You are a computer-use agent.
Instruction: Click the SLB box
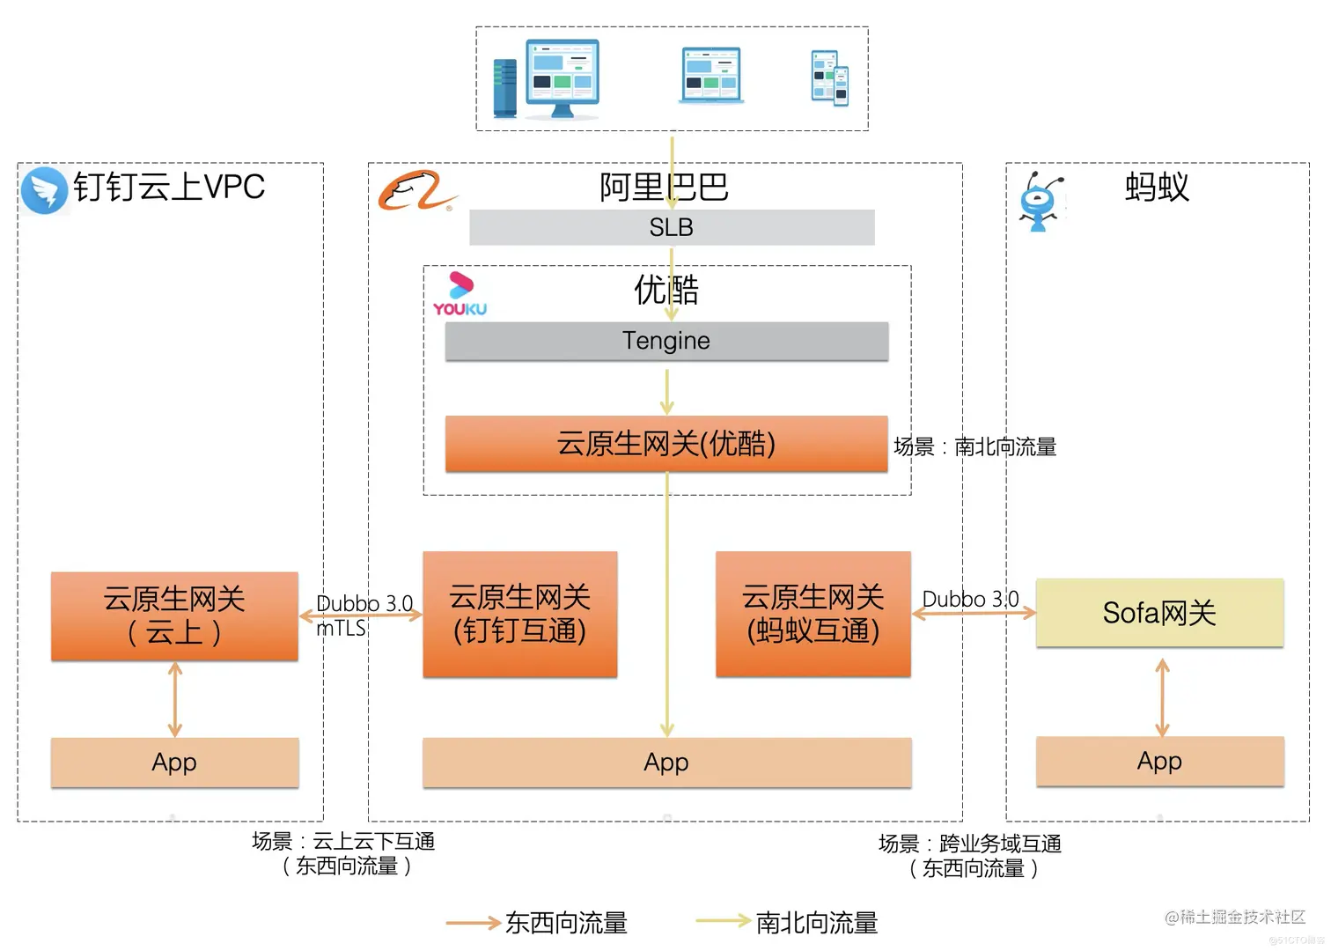click(671, 227)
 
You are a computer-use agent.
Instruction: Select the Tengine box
click(666, 341)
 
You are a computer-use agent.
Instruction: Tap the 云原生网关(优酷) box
click(666, 444)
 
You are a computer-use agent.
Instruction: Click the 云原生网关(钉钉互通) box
click(519, 614)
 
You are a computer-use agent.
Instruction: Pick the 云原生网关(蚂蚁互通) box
click(813, 614)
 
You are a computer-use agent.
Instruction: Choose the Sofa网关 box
click(1159, 613)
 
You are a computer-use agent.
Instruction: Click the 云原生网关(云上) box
click(174, 616)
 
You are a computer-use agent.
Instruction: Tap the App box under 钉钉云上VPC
click(174, 763)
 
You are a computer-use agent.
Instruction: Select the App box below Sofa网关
click(1159, 761)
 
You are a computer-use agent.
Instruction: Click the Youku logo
click(460, 294)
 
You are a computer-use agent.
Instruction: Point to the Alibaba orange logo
click(415, 190)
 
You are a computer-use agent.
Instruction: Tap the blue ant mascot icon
click(1041, 202)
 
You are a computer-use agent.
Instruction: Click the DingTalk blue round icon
click(44, 190)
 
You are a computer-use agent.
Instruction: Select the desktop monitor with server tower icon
click(548, 79)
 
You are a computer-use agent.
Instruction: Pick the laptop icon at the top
click(711, 76)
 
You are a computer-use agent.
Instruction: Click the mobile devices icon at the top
click(829, 78)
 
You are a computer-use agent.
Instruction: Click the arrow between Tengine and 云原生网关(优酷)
click(667, 391)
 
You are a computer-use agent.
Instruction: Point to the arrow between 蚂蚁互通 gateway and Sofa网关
click(973, 614)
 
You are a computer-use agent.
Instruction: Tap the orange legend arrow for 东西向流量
click(473, 923)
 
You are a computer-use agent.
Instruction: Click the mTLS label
click(341, 628)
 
